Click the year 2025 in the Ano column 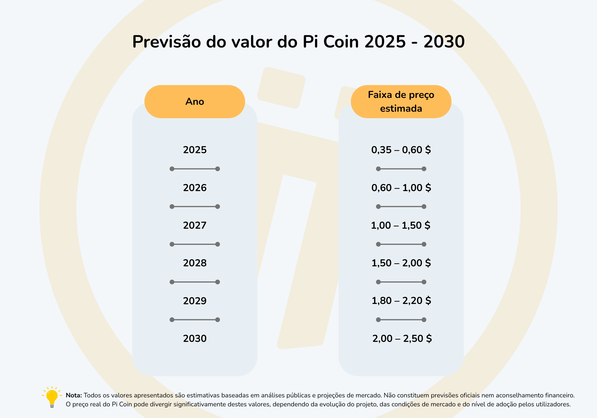click(x=195, y=150)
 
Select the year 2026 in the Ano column click(x=195, y=188)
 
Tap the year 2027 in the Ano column click(x=195, y=225)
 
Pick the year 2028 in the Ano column click(x=195, y=263)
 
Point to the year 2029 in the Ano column click(x=195, y=301)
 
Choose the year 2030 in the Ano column click(x=195, y=339)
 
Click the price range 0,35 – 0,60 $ click(x=401, y=150)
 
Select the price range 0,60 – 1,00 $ click(x=401, y=188)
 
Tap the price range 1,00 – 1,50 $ click(x=401, y=225)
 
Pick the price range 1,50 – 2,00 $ click(x=401, y=263)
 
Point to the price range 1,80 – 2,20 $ click(x=401, y=301)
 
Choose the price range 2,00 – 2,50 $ click(x=402, y=339)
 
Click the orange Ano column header click(x=195, y=102)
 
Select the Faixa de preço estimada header click(x=401, y=102)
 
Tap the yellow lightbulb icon click(x=52, y=397)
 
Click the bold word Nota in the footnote click(x=74, y=395)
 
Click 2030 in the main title click(x=444, y=42)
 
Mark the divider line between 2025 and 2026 click(x=195, y=169)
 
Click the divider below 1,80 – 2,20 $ click(x=401, y=320)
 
